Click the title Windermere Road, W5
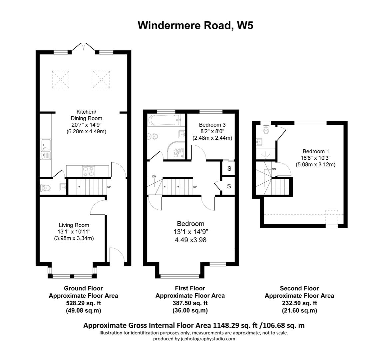tap(195, 26)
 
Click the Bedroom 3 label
tap(212, 125)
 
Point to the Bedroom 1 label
tap(315, 151)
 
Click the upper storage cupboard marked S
tap(229, 169)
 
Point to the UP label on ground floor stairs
tap(109, 187)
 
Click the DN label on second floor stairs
tap(274, 169)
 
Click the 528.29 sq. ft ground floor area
tap(83, 303)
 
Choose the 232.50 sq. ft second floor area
tap(299, 303)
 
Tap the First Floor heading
tap(190, 288)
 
